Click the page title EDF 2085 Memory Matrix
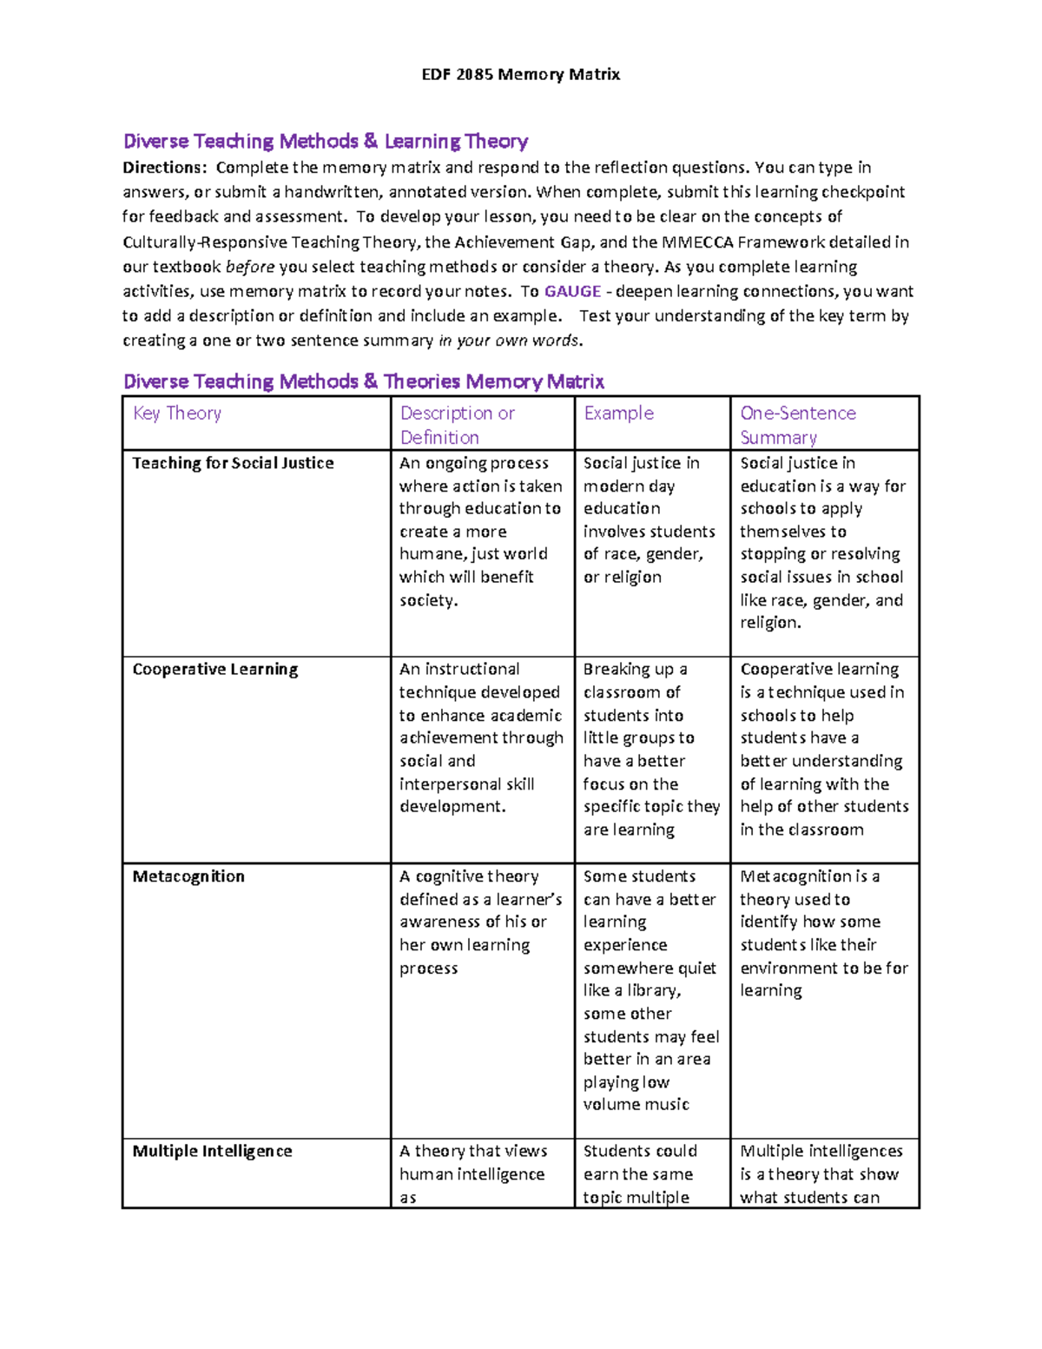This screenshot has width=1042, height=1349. click(520, 75)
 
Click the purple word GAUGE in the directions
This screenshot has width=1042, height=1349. click(572, 292)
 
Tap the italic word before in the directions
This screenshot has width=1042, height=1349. click(250, 267)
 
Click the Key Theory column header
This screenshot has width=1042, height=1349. click(177, 413)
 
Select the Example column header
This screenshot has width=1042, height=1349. click(618, 413)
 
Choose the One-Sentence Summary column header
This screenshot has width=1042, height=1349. click(797, 425)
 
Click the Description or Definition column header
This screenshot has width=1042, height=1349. click(457, 425)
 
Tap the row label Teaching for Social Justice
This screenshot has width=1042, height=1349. click(233, 463)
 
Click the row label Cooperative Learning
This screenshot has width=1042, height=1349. click(214, 670)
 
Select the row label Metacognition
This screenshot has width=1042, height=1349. click(188, 876)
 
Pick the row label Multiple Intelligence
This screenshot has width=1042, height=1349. click(212, 1151)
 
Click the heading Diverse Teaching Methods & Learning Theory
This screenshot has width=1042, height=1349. click(326, 142)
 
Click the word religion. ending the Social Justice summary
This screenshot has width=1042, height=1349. click(769, 623)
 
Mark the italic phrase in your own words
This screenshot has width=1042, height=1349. click(510, 341)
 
